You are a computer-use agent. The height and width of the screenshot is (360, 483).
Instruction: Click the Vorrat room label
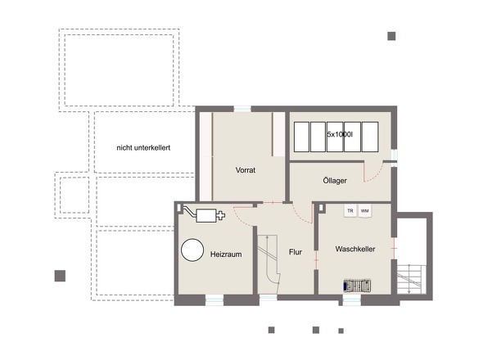pos(246,170)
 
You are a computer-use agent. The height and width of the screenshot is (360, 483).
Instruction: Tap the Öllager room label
pos(335,181)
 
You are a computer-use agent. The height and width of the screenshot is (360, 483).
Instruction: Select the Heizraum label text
pos(226,254)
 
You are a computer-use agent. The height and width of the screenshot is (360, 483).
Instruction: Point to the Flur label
pos(296,252)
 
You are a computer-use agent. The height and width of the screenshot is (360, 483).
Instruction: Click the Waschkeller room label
pos(355,249)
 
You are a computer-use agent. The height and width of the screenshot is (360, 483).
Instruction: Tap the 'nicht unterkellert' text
pos(143,148)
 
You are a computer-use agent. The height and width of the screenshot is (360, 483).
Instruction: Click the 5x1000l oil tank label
pos(340,134)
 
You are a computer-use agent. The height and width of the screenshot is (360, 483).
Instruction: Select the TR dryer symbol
pos(350,211)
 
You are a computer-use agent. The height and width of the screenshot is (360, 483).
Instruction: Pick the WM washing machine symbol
pos(365,211)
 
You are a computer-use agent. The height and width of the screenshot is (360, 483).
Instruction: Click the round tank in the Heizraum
pos(192,250)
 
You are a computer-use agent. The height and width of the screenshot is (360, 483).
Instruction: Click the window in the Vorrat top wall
pos(242,109)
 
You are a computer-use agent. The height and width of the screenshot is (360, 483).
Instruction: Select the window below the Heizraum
pos(214,300)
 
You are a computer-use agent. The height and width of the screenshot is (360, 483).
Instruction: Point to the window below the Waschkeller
pos(352,300)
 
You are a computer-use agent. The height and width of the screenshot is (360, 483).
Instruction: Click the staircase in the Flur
pos(269,263)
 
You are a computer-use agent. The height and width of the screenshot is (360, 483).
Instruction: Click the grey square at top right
pos(391,36)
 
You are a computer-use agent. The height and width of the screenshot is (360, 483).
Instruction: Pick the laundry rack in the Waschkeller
pos(357,286)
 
